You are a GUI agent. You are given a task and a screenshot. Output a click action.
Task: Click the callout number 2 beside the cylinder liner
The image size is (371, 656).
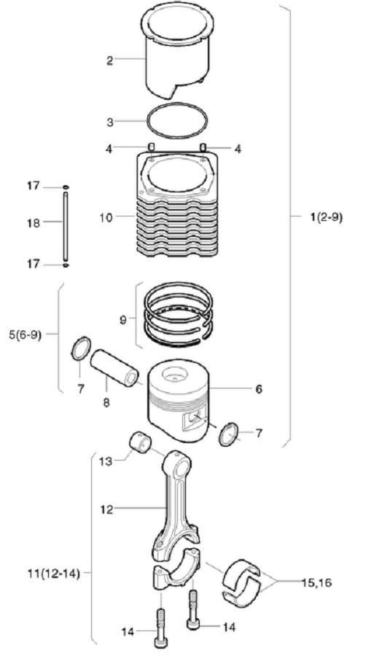click(x=109, y=60)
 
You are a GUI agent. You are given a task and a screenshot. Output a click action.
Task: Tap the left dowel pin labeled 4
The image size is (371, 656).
click(x=151, y=147)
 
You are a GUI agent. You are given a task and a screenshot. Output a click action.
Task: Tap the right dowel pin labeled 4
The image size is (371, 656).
click(x=203, y=147)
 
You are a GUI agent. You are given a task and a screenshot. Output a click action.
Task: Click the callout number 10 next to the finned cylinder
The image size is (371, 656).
click(x=106, y=217)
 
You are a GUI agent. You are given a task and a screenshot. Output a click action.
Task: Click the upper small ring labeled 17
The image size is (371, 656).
click(x=66, y=187)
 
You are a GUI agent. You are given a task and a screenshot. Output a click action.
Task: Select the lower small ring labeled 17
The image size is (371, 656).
click(x=66, y=265)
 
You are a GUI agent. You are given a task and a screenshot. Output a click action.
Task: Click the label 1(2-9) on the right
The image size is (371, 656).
click(x=327, y=217)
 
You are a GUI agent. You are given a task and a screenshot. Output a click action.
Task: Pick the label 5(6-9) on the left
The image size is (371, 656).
click(x=25, y=335)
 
